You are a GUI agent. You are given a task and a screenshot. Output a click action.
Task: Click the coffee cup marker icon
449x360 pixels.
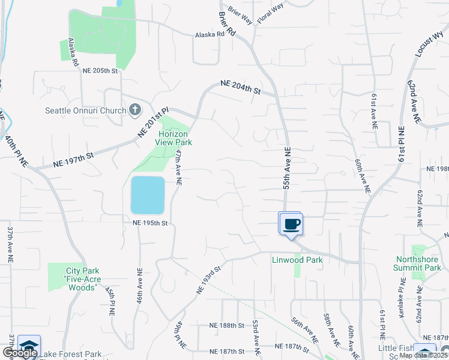coord(292,224)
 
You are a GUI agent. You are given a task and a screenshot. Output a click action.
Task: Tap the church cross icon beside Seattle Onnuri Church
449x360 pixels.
coord(134,110)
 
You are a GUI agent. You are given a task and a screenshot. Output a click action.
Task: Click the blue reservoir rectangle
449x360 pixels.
coord(148,195)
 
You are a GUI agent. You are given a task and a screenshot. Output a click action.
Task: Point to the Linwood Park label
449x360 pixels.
coord(297,260)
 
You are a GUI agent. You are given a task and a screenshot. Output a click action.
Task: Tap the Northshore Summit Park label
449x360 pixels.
coord(418,263)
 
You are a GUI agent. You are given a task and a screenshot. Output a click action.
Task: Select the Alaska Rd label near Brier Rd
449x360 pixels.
coord(209,35)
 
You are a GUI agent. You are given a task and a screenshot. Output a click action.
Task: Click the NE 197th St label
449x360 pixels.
coord(74,158)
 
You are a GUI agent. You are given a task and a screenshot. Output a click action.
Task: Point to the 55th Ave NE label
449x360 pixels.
coord(287,169)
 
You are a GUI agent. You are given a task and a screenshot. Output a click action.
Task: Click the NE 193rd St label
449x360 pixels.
coord(208,279)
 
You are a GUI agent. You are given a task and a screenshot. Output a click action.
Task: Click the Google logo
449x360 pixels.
coord(20,353)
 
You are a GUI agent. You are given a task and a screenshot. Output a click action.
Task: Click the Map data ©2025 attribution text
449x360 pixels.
coord(424,355)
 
